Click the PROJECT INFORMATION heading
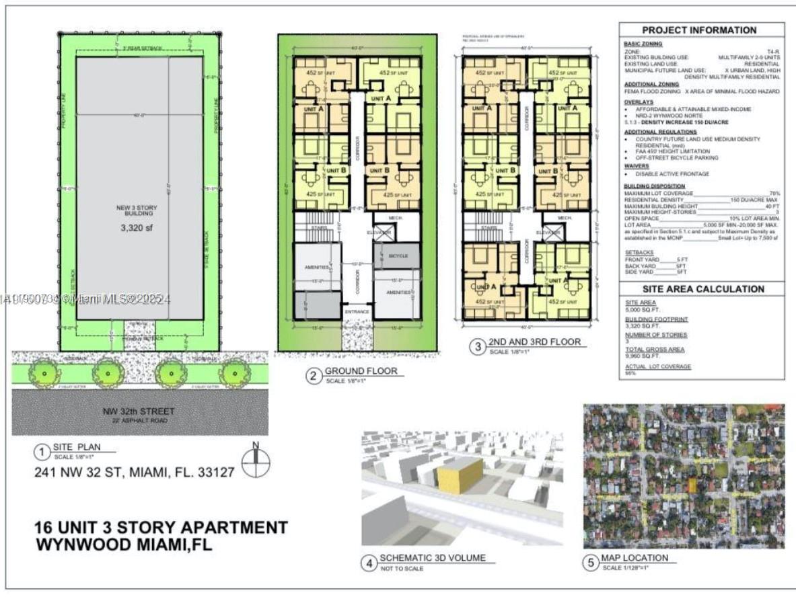click(699, 30)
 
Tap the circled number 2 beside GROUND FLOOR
click(313, 376)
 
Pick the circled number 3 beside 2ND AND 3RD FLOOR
click(478, 347)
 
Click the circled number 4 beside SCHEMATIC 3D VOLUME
click(369, 563)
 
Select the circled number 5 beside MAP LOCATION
click(590, 563)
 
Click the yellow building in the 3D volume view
click(460, 476)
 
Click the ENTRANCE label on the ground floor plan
click(357, 312)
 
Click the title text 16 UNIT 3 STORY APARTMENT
click(161, 527)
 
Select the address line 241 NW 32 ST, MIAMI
click(135, 473)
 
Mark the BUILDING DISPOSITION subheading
click(655, 186)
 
